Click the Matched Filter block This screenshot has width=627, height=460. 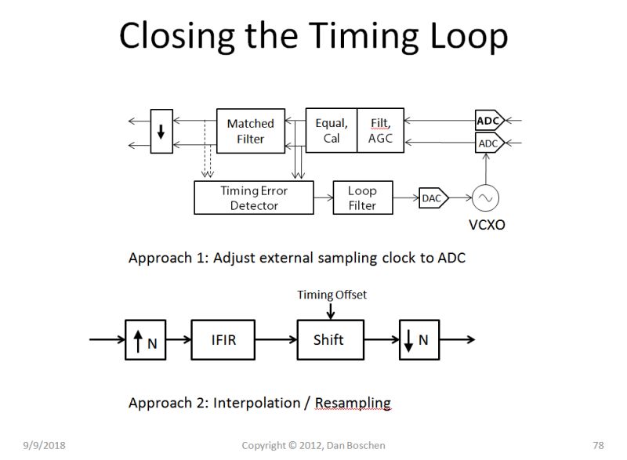coord(250,131)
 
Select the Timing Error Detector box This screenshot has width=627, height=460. coord(253,197)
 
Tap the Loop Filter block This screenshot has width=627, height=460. coord(361,197)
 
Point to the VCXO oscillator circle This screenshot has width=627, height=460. coord(485,198)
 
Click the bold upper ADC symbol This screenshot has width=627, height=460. coord(488,121)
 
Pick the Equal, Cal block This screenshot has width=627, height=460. coord(331,130)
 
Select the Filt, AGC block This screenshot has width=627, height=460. coord(380,130)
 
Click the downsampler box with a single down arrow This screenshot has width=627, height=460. coord(161,131)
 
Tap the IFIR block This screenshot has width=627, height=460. coord(223,340)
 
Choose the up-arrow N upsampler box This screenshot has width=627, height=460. coord(145,340)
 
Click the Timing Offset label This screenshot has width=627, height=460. coord(332,295)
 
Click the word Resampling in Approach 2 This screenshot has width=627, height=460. coord(353,403)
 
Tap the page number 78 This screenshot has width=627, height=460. coord(599,445)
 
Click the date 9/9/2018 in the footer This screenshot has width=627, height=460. coord(44,445)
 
